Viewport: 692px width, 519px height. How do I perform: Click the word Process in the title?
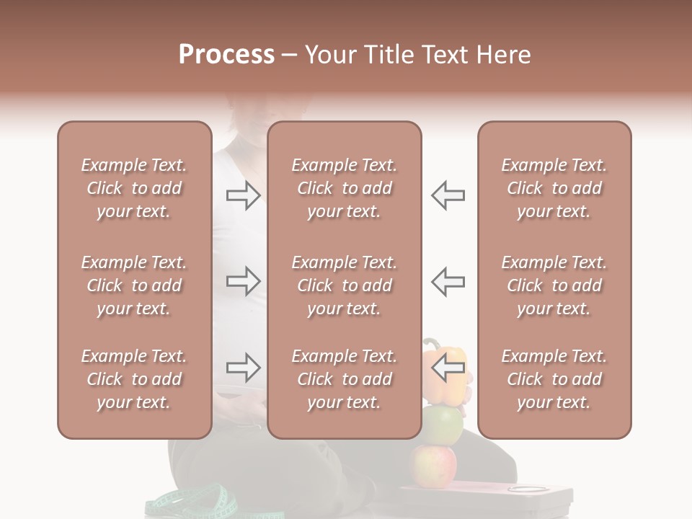click(226, 55)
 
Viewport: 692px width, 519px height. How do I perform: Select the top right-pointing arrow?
click(243, 195)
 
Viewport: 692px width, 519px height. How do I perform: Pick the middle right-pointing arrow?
click(243, 281)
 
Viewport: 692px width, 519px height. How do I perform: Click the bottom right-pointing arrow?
click(243, 368)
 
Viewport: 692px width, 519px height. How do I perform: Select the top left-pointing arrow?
click(448, 195)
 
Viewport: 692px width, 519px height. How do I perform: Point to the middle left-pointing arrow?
click(448, 281)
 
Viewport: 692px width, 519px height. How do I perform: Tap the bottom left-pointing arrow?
click(448, 368)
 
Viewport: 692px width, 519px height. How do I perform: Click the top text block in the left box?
click(134, 188)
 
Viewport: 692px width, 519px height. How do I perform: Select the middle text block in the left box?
click(134, 285)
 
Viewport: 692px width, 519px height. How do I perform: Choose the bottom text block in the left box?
click(134, 379)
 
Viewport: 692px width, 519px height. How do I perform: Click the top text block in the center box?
click(345, 188)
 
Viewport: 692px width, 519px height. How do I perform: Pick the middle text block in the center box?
click(345, 285)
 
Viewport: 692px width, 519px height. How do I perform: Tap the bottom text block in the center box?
click(345, 379)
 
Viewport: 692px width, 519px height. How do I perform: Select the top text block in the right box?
click(554, 188)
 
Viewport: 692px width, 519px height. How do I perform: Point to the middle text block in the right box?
click(554, 285)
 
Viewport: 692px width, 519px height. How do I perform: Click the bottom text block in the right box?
click(554, 379)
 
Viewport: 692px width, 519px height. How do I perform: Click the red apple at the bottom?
click(432, 465)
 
